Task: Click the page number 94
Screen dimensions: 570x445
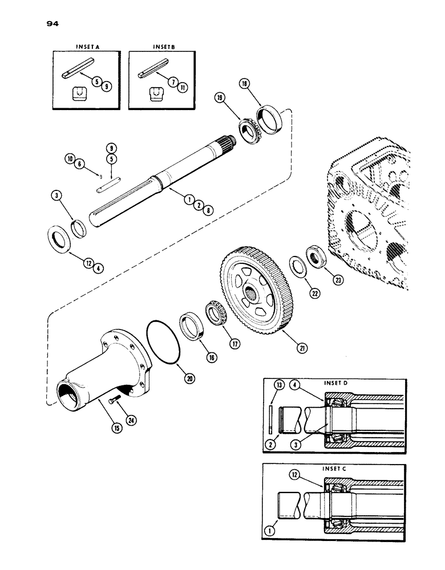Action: pyautogui.click(x=55, y=24)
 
